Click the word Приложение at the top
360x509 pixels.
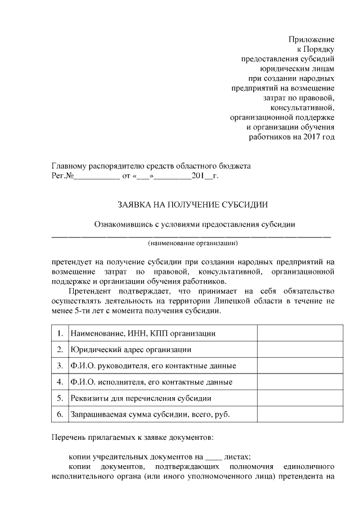point(312,39)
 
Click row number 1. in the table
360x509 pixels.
point(60,333)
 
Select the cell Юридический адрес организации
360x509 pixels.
point(131,349)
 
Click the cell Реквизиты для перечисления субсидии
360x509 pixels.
point(141,398)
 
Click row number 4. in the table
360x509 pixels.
point(60,382)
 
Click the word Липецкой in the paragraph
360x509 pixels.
point(253,301)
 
